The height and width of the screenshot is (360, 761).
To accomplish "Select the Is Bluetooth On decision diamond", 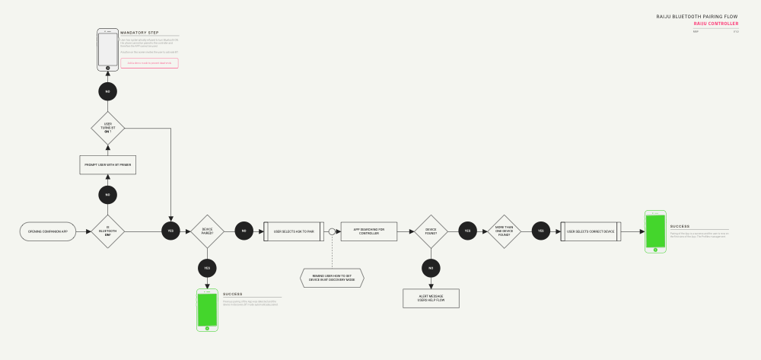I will click(107, 231).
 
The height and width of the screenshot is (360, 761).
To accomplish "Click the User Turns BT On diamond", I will click(107, 128).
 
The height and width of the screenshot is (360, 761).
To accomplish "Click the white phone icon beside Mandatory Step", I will click(108, 50).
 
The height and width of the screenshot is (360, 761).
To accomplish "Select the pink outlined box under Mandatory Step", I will click(149, 63).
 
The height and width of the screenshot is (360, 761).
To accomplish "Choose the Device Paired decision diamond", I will click(207, 231).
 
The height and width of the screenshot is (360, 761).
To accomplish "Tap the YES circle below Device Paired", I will click(207, 267).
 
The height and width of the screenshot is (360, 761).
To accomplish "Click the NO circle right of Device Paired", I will click(244, 231).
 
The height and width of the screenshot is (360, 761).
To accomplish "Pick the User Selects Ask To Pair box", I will click(294, 231).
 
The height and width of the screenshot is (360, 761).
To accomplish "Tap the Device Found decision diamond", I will click(431, 231).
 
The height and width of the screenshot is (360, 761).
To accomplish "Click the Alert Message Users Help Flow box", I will click(431, 298).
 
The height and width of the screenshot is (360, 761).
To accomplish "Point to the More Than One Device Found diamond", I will click(504, 231).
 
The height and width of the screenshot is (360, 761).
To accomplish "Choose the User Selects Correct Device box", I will click(591, 231).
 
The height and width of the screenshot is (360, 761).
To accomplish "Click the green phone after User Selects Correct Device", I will click(655, 231).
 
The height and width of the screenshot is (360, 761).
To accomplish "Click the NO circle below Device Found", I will click(431, 267).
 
